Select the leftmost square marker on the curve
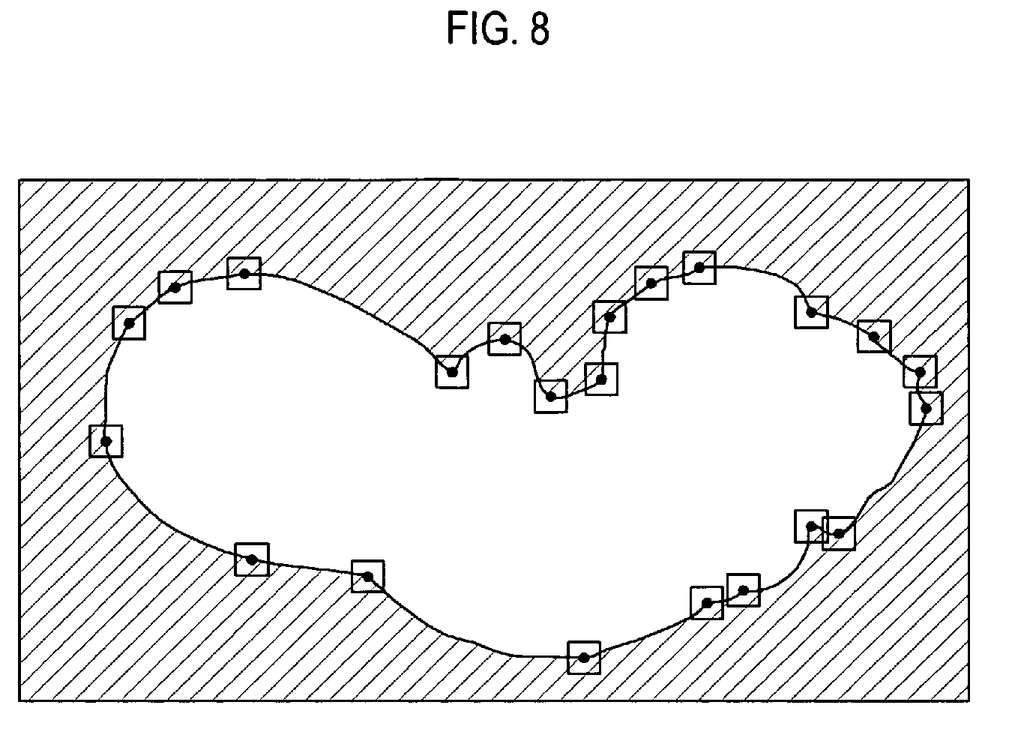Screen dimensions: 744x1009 coord(106,440)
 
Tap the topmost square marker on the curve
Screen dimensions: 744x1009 coord(699,268)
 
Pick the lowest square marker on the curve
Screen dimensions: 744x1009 coord(584,657)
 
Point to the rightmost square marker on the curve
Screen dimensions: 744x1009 coord(926,408)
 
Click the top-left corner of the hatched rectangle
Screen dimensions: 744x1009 coord(19,181)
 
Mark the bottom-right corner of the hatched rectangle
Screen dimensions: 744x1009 coord(968,700)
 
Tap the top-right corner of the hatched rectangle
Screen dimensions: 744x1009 coord(968,181)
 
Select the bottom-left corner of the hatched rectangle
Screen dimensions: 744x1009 coord(19,700)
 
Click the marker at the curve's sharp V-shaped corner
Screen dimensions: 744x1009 coord(452,372)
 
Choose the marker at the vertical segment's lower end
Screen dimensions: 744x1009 coord(601,379)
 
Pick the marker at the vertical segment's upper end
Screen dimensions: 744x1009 coord(609,316)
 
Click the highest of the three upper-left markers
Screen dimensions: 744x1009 coord(244,273)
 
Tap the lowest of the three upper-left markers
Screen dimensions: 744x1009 coord(129,322)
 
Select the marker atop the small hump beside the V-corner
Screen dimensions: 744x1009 coord(504,339)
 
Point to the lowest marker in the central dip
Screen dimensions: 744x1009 coord(551,396)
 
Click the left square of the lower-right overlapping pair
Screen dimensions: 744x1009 coord(811,526)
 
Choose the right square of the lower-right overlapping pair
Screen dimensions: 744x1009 coord(839,533)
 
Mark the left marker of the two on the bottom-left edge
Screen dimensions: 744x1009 coord(252,559)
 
